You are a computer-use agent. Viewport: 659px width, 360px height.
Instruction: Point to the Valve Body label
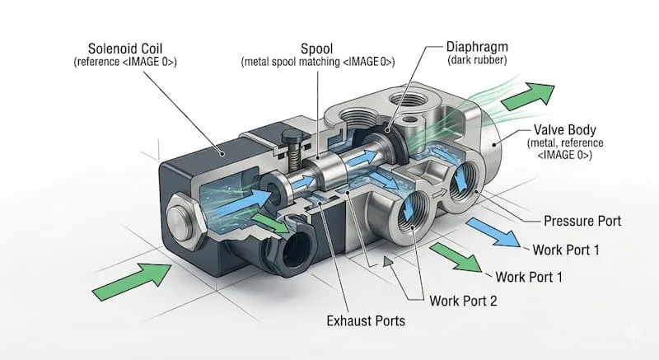[565, 129]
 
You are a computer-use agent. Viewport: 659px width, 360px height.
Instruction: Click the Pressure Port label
[582, 221]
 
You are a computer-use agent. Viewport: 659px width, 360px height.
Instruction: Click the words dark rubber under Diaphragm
[475, 59]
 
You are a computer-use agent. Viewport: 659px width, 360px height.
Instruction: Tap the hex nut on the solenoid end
[183, 220]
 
